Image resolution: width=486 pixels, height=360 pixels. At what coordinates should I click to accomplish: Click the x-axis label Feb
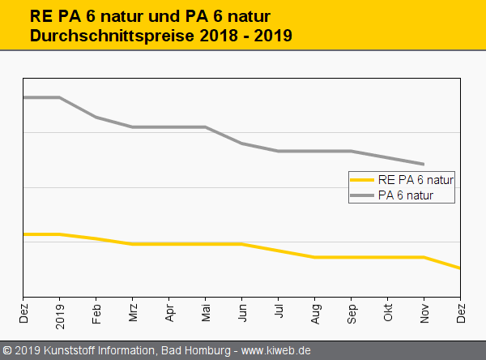coord(96,312)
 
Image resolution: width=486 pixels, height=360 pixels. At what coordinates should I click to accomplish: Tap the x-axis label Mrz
coord(133,312)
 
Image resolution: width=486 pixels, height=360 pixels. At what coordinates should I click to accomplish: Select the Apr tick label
coord(169,312)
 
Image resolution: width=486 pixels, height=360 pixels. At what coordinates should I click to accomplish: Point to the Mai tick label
coord(206,312)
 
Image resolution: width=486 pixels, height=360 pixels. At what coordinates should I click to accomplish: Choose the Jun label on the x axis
coord(242,312)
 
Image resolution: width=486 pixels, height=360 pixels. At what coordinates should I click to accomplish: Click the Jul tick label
coord(279,311)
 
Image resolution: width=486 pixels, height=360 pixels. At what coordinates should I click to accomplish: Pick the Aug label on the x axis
coord(315,312)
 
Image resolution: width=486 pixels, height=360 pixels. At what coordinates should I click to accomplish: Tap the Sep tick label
coord(352,312)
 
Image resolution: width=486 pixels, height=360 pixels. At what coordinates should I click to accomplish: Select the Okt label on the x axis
coord(388,312)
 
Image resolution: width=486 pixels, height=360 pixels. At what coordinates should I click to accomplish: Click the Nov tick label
coord(424,312)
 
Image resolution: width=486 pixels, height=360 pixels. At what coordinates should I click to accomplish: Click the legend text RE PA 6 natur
coord(416,179)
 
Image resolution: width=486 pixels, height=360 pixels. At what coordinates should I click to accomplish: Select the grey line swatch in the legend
coord(361,195)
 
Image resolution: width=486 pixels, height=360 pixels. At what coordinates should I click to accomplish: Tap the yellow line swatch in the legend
coord(361,179)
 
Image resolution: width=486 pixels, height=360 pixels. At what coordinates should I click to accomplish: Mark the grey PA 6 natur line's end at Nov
coord(424,164)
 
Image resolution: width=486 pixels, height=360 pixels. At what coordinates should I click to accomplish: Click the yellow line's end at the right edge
coord(459,268)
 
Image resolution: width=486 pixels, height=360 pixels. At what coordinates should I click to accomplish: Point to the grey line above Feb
coord(96,118)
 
